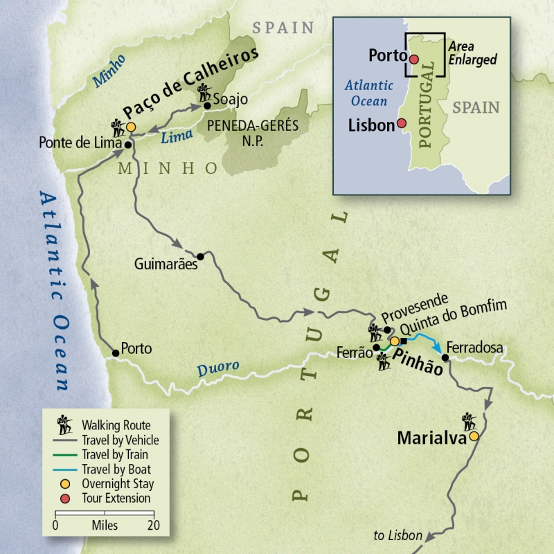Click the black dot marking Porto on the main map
[x=116, y=353]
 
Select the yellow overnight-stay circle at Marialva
[x=474, y=436]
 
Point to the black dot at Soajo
[x=206, y=106]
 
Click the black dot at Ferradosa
[x=445, y=357]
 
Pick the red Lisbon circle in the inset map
[x=402, y=125]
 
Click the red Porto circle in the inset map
[x=414, y=60]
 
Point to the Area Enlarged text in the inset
[x=472, y=53]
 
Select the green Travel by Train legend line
[x=65, y=455]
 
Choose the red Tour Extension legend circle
[x=66, y=498]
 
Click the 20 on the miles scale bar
[x=154, y=526]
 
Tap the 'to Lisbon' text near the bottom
[x=397, y=536]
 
